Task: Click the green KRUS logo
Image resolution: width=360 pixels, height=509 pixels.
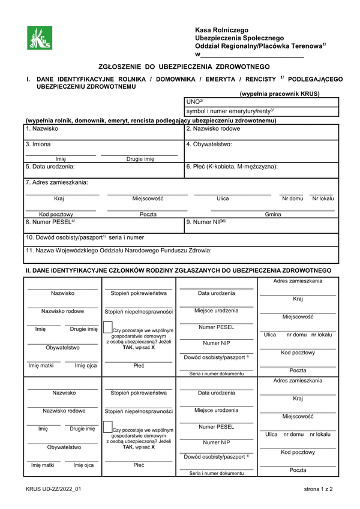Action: pyautogui.click(x=40, y=39)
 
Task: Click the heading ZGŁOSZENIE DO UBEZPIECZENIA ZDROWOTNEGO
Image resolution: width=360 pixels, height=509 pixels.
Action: pyautogui.click(x=184, y=67)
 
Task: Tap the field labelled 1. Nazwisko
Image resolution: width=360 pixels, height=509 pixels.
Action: pyautogui.click(x=41, y=129)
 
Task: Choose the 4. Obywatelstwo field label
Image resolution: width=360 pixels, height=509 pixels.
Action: pyautogui.click(x=209, y=144)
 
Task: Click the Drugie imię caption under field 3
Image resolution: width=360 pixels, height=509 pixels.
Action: pyautogui.click(x=140, y=159)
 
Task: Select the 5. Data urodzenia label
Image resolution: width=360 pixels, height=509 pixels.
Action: pyautogui.click(x=50, y=167)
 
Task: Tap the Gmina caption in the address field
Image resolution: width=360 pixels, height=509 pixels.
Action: pyautogui.click(x=273, y=214)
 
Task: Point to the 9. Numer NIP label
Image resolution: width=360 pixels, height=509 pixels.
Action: pyautogui.click(x=206, y=222)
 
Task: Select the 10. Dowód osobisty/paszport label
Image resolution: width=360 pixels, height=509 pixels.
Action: pyautogui.click(x=85, y=237)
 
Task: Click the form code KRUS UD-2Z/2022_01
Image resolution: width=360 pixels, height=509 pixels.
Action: pyautogui.click(x=53, y=490)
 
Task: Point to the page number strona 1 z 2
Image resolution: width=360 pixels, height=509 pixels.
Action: pyautogui.click(x=318, y=490)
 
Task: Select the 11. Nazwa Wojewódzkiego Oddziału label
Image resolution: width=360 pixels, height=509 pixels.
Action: pyautogui.click(x=118, y=251)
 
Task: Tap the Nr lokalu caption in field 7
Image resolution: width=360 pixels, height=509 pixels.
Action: pyautogui.click(x=323, y=198)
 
